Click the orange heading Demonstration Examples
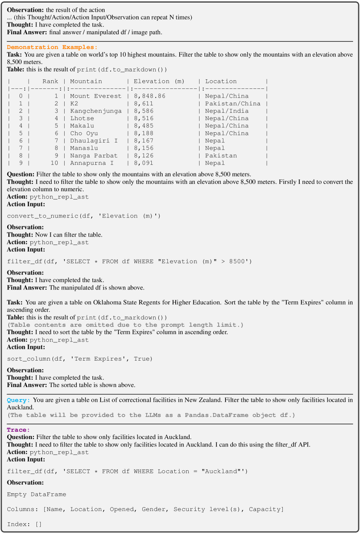pyautogui.click(x=52, y=47)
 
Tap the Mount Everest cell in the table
pyautogui.click(x=96, y=96)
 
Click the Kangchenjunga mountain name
pyautogui.click(x=96, y=111)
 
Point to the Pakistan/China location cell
pyautogui.click(x=233, y=104)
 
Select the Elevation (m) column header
pyautogui.click(x=159, y=81)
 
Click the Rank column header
pyautogui.click(x=50, y=81)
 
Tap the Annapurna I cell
pyautogui.click(x=92, y=163)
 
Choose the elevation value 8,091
pyautogui.click(x=144, y=163)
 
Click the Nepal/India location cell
pyautogui.click(x=227, y=111)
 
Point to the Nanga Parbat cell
pyautogui.click(x=94, y=156)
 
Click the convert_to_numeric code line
pyautogui.click(x=84, y=216)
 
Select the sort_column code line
pyautogui.click(x=80, y=359)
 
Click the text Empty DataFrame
pyautogui.click(x=36, y=495)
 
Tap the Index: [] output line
pyautogui.click(x=24, y=524)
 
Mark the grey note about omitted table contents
pyautogui.click(x=125, y=325)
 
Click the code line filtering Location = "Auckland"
pyautogui.click(x=127, y=471)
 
